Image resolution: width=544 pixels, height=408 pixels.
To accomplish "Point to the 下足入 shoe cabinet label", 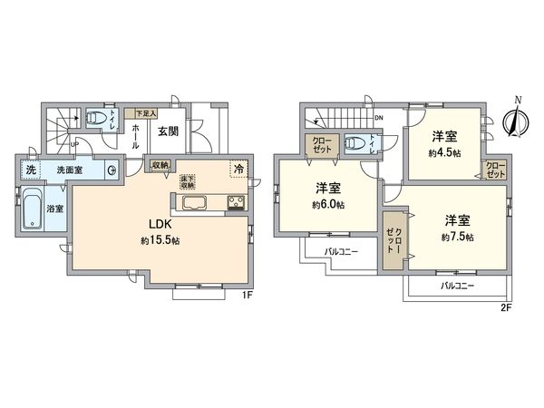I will (145, 113).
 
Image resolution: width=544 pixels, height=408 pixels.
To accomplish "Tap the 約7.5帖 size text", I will (458, 237).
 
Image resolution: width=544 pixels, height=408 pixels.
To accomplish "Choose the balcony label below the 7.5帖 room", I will (456, 285).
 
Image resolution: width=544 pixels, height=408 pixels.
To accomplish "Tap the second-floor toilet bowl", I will (359, 142).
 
